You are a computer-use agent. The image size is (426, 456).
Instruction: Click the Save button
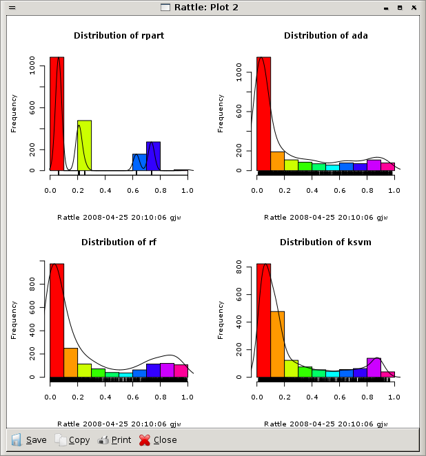pyautogui.click(x=29, y=439)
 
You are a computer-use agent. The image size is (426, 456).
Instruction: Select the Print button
pyautogui.click(x=114, y=439)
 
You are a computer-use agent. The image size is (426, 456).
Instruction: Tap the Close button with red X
pyautogui.click(x=158, y=439)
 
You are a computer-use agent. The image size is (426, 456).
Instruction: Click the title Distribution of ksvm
pyautogui.click(x=325, y=242)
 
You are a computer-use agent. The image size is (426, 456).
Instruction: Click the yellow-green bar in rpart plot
pyautogui.click(x=84, y=145)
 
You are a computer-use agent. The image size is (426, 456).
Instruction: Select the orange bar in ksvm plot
pyautogui.click(x=277, y=344)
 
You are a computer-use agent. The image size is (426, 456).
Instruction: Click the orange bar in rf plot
pyautogui.click(x=70, y=362)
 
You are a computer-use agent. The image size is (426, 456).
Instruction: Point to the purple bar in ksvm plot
pyautogui.click(x=374, y=368)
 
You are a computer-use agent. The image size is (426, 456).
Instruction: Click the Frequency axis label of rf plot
pyautogui.click(x=14, y=320)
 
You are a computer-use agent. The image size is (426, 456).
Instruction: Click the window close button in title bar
pyautogui.click(x=414, y=7)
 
